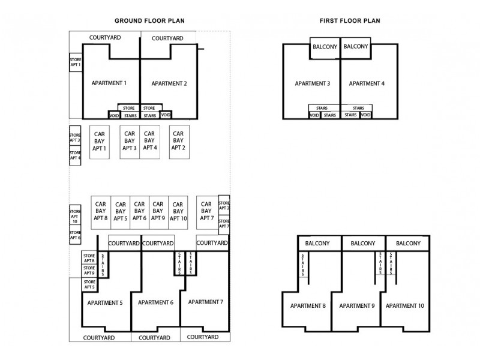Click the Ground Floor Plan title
(x=149, y=21)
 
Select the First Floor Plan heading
(x=350, y=21)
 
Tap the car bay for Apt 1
(x=100, y=142)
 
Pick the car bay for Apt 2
(x=179, y=142)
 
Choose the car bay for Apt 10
(x=178, y=212)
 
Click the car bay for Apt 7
(x=207, y=212)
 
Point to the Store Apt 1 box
(x=76, y=62)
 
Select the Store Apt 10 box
(x=75, y=215)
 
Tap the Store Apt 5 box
(x=89, y=284)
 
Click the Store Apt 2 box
(x=224, y=205)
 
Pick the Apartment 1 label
(x=109, y=83)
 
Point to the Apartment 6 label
(x=155, y=302)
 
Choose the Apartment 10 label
(x=404, y=305)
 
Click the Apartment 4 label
(x=367, y=83)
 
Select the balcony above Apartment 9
(x=363, y=244)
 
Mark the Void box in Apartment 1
(x=114, y=115)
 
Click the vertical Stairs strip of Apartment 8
(x=303, y=265)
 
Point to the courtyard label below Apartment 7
(x=203, y=337)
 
